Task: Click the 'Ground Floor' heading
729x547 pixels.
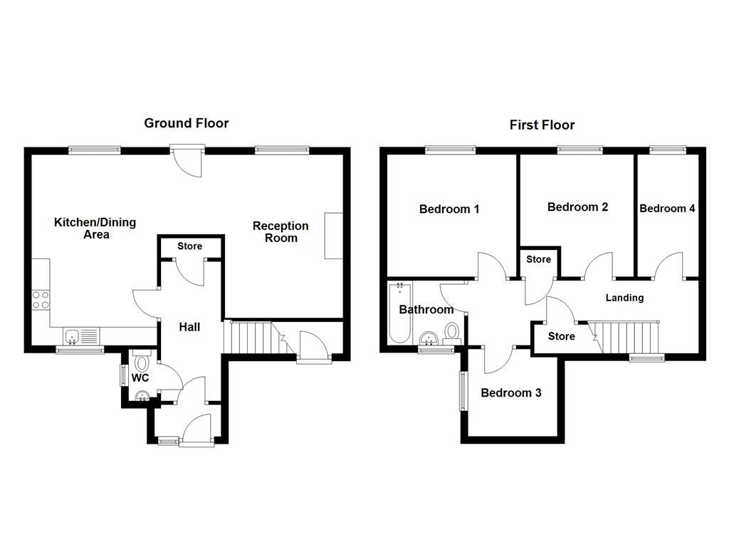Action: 187,123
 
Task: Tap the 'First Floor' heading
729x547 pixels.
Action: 542,125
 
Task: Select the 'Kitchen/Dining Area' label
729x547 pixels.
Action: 95,228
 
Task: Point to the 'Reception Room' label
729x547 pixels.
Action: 280,231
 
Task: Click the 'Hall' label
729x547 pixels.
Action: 189,327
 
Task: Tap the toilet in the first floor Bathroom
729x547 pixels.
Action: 452,332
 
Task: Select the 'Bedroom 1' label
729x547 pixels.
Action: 449,209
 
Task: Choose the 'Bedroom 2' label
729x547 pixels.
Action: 577,207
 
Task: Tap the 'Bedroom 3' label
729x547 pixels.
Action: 510,393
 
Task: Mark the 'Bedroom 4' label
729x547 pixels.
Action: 667,209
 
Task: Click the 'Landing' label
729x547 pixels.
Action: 624,298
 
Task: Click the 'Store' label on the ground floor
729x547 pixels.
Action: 189,246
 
